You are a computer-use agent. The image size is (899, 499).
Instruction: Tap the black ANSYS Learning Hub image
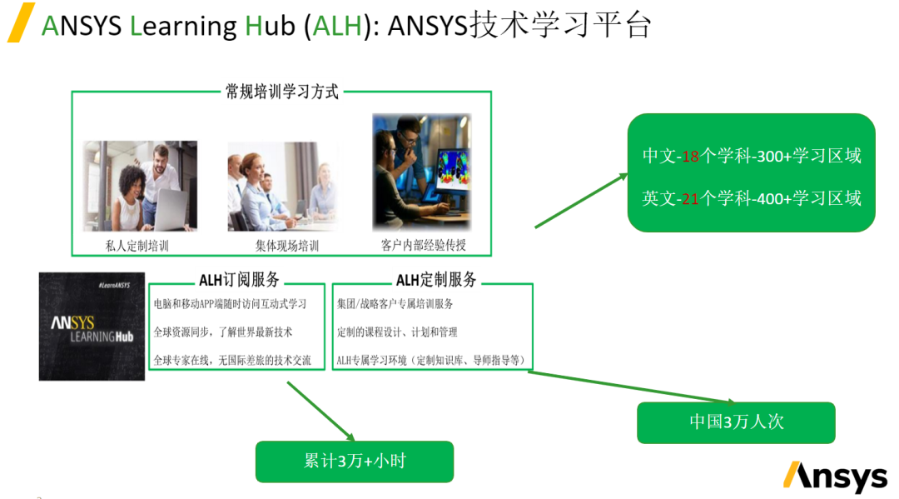(92, 327)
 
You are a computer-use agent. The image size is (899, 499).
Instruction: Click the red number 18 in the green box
(689, 156)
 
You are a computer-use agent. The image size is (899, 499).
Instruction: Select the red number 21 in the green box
(689, 198)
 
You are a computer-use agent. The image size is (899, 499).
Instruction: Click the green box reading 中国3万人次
(736, 422)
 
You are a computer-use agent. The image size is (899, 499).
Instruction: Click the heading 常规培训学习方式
(282, 92)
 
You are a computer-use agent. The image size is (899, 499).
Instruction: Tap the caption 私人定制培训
(137, 246)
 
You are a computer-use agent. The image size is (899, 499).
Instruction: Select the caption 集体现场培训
(286, 246)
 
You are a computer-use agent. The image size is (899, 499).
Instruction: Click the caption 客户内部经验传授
(423, 245)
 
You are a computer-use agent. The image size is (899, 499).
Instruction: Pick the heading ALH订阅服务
(239, 280)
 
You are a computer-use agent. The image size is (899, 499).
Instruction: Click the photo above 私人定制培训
(140, 186)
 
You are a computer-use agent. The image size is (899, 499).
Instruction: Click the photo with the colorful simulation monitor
(421, 172)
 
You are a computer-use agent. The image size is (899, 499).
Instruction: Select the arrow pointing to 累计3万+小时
(320, 412)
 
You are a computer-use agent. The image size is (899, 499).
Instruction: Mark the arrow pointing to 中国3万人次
(633, 387)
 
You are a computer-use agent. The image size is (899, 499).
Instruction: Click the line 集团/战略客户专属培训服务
(395, 304)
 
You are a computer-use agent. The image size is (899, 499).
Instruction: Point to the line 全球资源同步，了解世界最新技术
(223, 332)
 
